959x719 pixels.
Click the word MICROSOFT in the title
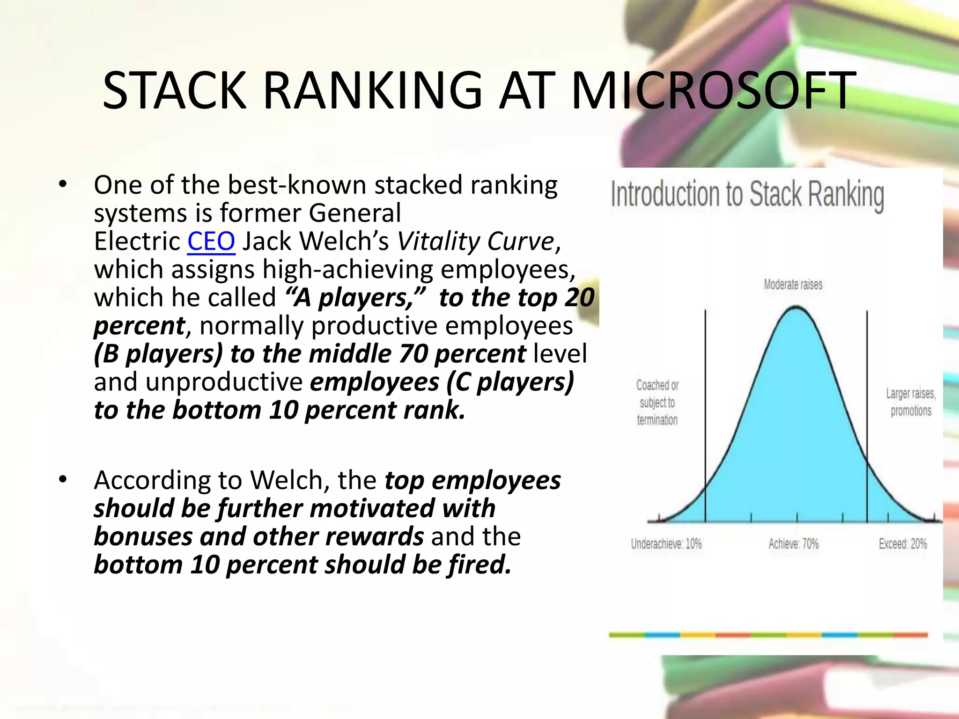[713, 90]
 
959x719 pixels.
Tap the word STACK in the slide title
[174, 90]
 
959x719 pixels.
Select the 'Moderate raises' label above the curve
[793, 284]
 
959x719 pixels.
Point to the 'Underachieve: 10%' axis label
[666, 544]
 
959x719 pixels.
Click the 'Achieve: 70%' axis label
[793, 544]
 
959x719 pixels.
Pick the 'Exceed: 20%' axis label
[902, 544]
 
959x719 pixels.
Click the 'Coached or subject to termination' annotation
[657, 403]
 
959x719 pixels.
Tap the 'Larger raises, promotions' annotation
[911, 402]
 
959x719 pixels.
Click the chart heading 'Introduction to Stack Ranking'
[747, 194]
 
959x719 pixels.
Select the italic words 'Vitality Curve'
[476, 242]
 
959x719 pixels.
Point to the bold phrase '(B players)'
[158, 354]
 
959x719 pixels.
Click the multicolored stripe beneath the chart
[768, 635]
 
